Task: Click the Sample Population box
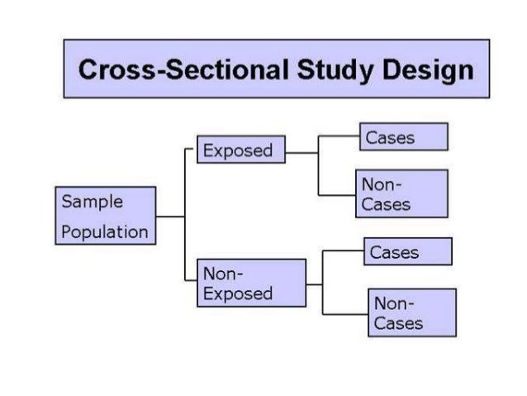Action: click(x=105, y=216)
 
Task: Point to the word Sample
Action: click(x=93, y=202)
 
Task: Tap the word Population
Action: click(x=105, y=231)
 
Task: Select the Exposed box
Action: click(x=240, y=150)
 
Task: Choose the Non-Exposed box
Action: click(x=251, y=283)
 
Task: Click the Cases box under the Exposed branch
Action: click(x=403, y=137)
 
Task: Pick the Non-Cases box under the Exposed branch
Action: click(x=401, y=193)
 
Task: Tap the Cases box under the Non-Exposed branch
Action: click(x=408, y=251)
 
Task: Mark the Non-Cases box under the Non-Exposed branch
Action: click(x=411, y=313)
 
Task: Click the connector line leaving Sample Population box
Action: click(x=169, y=217)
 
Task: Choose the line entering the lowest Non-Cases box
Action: click(x=345, y=313)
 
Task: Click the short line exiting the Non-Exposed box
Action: click(x=314, y=284)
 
